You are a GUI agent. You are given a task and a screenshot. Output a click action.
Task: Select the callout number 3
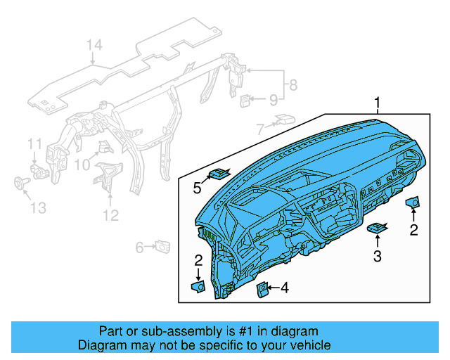click(378, 257)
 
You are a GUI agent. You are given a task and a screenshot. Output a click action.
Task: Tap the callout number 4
click(284, 287)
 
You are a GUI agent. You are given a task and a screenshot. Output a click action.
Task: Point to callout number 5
click(198, 188)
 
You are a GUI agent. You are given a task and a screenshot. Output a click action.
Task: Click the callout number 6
click(140, 247)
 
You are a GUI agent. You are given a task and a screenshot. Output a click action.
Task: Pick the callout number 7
click(260, 129)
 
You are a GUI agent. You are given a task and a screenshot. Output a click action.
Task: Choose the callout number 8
click(293, 86)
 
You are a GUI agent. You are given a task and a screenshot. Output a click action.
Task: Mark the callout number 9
click(274, 100)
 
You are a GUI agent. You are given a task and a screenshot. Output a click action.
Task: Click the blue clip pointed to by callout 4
click(262, 288)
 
